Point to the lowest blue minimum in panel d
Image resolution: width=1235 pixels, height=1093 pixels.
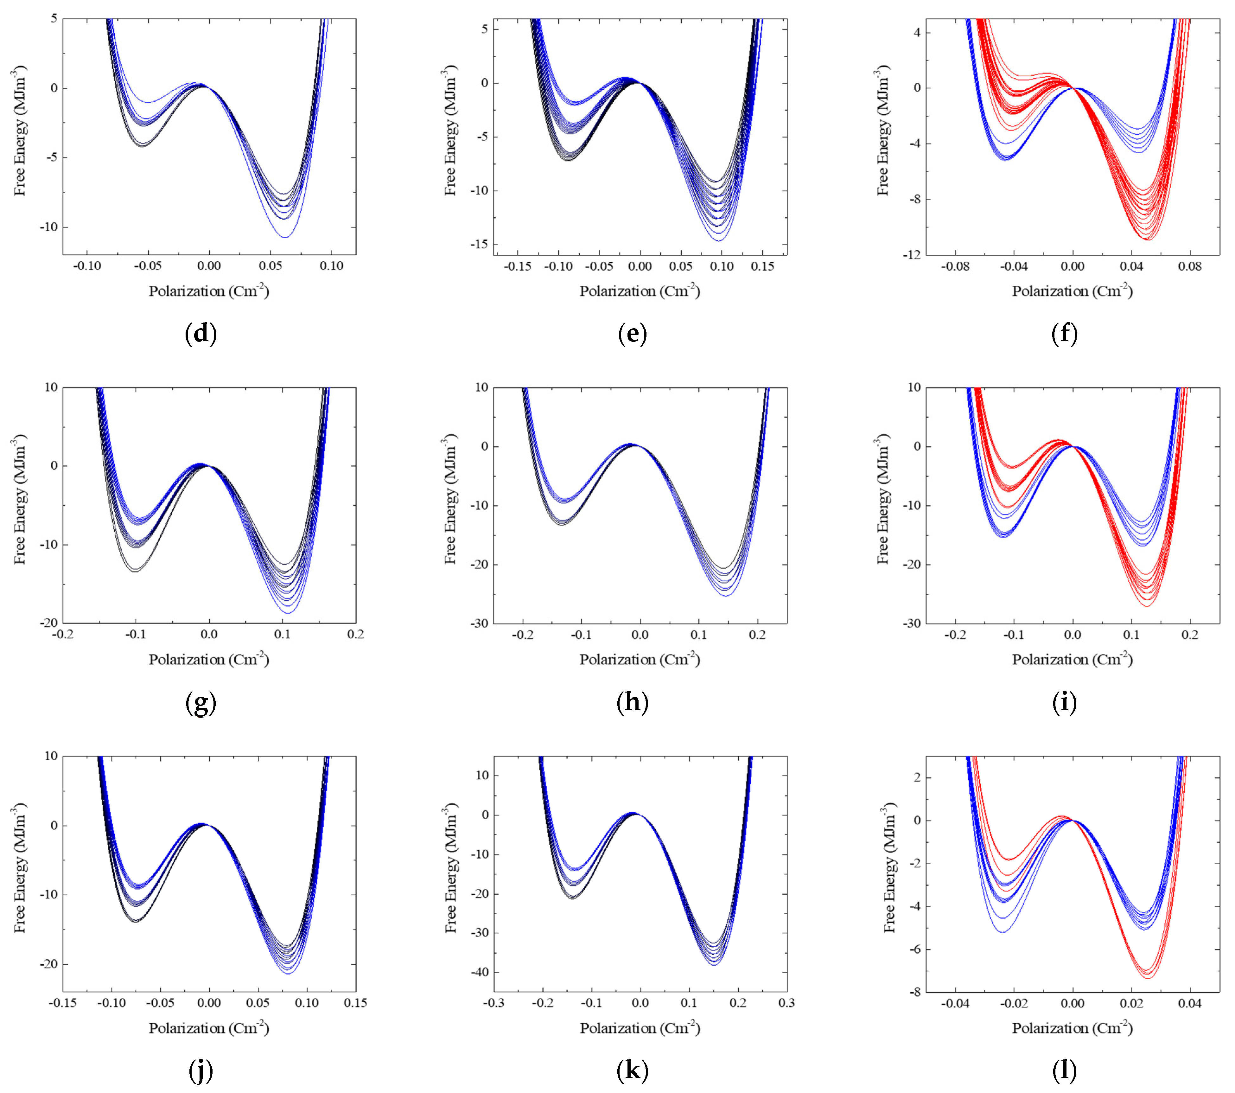click(x=284, y=237)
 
